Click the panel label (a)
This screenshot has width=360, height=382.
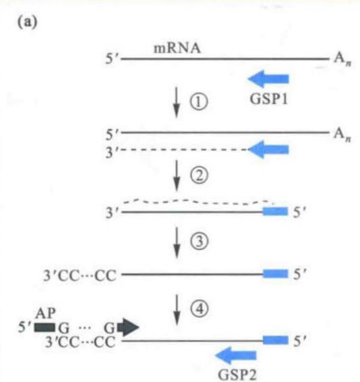pos(28,22)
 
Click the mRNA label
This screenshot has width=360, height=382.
pos(177,48)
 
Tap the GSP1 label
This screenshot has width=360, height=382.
pos(269,99)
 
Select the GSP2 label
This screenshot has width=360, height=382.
pos(237,374)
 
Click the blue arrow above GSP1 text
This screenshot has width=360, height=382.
pos(268,79)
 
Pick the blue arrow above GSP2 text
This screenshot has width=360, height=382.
pos(236,355)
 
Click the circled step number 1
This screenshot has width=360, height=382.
pos(199,102)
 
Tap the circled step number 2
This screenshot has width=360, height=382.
pos(199,175)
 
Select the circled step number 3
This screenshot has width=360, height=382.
pos(199,241)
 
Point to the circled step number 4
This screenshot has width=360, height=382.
pos(199,309)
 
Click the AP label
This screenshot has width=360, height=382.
pos(45,313)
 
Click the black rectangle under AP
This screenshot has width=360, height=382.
pos(45,327)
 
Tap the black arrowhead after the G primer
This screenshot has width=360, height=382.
pos(129,327)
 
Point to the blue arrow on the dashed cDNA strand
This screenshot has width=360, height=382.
pos(268,149)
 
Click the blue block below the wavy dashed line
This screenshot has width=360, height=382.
pos(275,211)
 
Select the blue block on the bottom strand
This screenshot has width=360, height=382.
pos(275,340)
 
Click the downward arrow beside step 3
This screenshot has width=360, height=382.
pos(177,242)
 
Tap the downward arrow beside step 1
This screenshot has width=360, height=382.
pos(177,102)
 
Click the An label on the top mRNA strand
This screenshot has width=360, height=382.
pos(342,59)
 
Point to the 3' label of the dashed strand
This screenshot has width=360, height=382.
pos(112,152)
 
